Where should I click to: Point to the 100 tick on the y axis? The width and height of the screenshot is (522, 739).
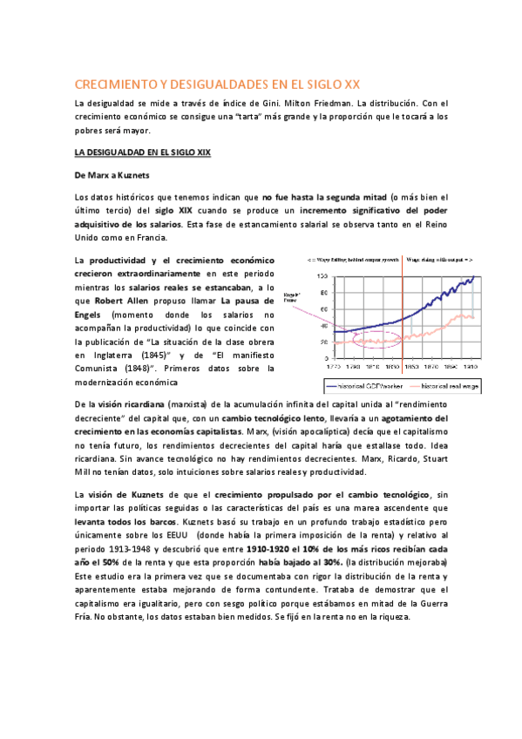(x=322, y=276)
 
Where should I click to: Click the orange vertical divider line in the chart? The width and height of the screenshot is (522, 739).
(x=403, y=314)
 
